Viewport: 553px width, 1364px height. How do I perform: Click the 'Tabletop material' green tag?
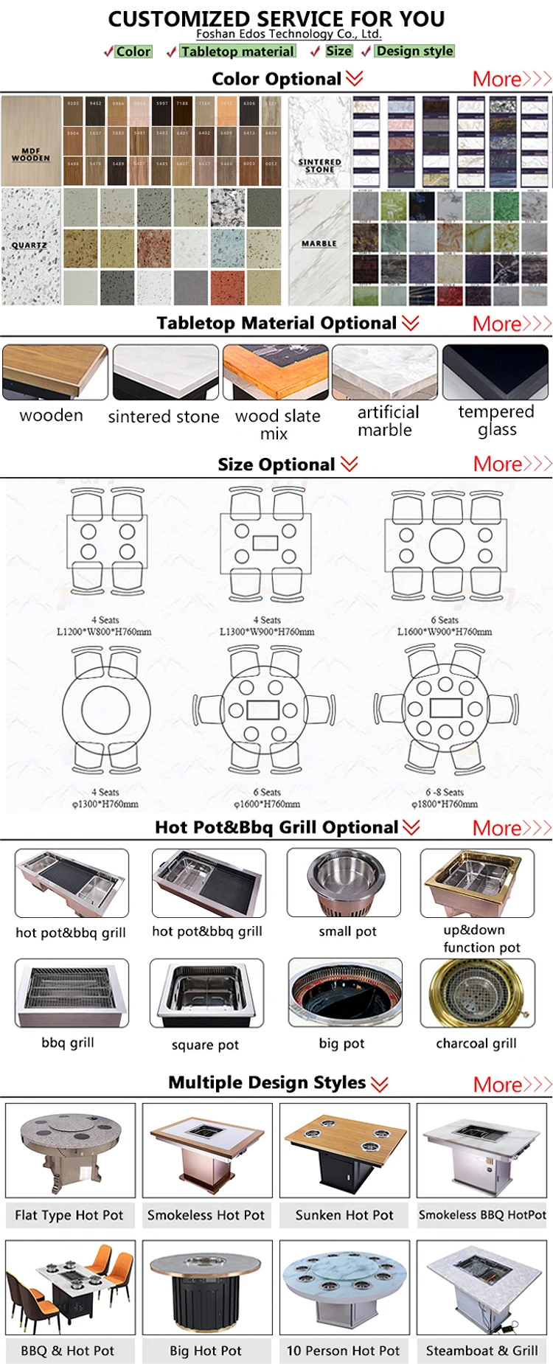coord(237,52)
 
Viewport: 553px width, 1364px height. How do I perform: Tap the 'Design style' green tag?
coord(414,51)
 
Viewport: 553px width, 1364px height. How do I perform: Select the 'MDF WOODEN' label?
coord(31,154)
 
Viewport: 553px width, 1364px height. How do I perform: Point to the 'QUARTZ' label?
coord(29,245)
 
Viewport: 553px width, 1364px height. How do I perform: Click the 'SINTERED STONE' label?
coord(319,165)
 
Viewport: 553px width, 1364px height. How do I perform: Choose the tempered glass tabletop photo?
coord(496,372)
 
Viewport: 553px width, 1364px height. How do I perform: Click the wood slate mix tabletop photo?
coord(276,372)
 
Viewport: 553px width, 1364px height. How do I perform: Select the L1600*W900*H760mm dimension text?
coord(445,632)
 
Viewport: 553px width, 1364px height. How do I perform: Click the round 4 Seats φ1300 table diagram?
coord(106,710)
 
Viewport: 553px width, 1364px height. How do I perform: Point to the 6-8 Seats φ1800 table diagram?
coord(445,709)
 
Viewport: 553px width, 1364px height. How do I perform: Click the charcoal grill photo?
coord(476,993)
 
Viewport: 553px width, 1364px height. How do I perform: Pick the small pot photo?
coord(344,883)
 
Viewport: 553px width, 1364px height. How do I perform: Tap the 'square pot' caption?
coord(205,1045)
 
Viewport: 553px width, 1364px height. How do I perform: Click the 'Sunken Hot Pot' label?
coord(344,1215)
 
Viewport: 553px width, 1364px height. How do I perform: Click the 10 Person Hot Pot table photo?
coord(344,1287)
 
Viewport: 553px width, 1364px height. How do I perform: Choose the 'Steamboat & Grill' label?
coord(481,1351)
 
